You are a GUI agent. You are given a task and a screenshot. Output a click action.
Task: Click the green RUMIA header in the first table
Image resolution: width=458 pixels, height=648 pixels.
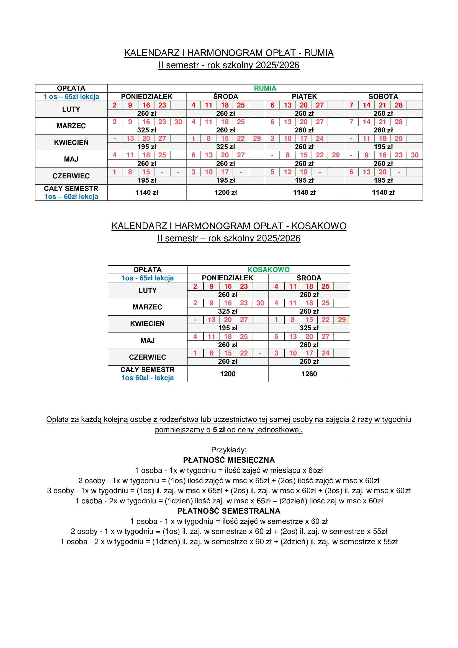(x=265, y=88)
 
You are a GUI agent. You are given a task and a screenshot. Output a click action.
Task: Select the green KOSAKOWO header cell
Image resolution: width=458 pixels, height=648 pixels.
(x=268, y=270)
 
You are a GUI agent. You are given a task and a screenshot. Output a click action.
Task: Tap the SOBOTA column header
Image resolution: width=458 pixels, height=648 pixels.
(x=383, y=96)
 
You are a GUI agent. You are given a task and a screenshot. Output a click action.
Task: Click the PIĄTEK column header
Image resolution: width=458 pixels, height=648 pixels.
(x=304, y=96)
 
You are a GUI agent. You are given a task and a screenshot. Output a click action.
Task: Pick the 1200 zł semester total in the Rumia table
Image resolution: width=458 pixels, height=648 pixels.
(x=226, y=193)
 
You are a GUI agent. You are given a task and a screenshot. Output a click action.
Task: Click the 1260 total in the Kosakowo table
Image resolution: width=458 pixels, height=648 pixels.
(x=309, y=374)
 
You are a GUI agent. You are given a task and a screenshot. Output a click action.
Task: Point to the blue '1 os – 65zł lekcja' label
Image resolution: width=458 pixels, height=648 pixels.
(x=71, y=96)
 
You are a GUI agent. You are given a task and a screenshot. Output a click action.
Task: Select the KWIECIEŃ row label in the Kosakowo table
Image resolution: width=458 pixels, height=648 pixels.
(x=147, y=324)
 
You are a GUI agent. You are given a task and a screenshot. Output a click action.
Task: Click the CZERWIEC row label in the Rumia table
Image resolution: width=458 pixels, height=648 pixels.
(x=71, y=176)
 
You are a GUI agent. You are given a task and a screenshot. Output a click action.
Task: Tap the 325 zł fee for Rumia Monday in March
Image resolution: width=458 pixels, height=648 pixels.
(x=147, y=130)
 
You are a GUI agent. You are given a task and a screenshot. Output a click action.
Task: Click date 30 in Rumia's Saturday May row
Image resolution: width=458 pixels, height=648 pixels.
(x=414, y=155)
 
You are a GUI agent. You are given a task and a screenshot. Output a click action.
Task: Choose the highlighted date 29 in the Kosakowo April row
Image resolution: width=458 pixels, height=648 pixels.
(x=341, y=320)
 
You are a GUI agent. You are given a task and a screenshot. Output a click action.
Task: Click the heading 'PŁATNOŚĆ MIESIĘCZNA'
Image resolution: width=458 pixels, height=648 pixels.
(x=229, y=460)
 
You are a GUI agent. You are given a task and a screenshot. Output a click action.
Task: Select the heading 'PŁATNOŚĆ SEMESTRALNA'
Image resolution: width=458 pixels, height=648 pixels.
(x=229, y=511)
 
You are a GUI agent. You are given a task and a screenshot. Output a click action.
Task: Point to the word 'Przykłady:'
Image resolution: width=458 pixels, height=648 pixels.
(x=229, y=450)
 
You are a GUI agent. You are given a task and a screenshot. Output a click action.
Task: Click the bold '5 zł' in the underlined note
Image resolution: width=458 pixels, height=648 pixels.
(x=218, y=430)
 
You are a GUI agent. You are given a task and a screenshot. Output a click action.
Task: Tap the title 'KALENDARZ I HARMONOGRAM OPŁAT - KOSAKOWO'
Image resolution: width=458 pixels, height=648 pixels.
(x=229, y=226)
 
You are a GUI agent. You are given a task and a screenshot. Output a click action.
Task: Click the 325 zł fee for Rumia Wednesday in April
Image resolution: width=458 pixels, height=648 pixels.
(x=226, y=147)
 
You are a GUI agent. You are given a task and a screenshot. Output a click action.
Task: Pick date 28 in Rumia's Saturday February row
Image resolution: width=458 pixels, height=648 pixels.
(x=398, y=105)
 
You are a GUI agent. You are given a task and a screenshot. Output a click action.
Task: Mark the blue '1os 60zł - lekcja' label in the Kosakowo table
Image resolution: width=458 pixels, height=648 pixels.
(x=147, y=378)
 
